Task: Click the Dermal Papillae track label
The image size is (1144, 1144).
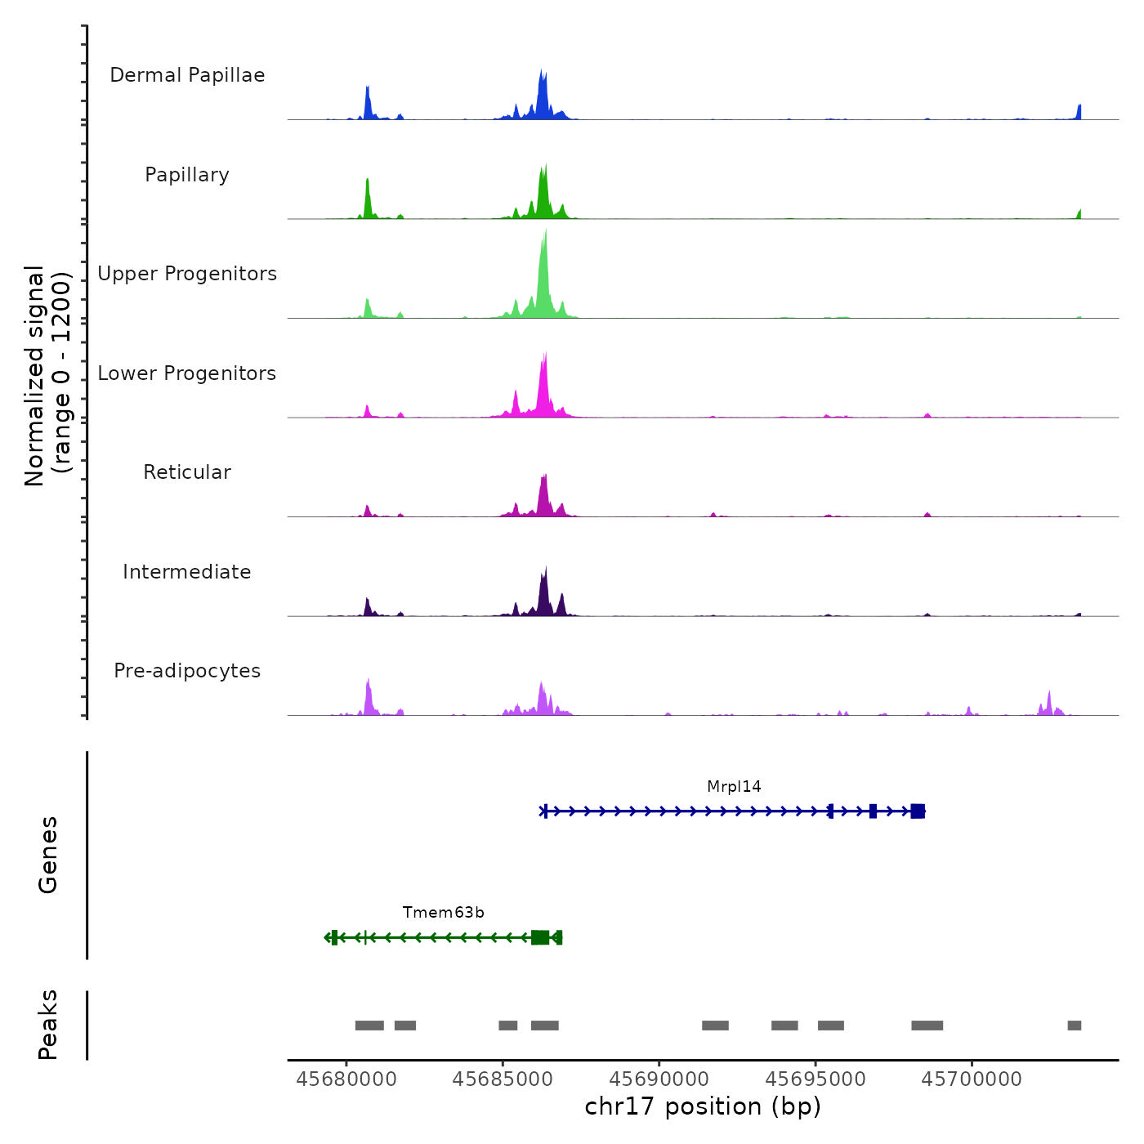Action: click(187, 75)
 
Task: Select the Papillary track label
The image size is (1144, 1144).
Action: click(187, 175)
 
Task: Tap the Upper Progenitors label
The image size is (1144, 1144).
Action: click(187, 274)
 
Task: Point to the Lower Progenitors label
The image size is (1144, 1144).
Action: click(187, 373)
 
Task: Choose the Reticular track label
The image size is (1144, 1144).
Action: click(187, 472)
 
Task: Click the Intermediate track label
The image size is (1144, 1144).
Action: click(187, 572)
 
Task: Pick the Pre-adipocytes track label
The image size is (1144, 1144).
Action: click(187, 671)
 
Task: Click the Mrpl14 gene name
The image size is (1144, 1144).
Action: click(734, 787)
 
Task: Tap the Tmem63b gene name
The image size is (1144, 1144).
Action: click(443, 913)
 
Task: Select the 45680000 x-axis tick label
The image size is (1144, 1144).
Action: click(346, 1079)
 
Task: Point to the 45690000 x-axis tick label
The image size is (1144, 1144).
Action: click(659, 1079)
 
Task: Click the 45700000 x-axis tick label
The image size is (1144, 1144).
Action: click(972, 1079)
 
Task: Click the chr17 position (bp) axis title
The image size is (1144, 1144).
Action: click(703, 1106)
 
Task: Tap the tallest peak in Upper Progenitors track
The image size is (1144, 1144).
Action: click(545, 237)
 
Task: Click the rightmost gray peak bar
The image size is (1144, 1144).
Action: click(1074, 1026)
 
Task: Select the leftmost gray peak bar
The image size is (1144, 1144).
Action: click(369, 1026)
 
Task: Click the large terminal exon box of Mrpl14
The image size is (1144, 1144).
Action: click(918, 811)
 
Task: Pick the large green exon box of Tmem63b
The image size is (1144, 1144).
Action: click(540, 937)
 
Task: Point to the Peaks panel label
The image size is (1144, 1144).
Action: click(48, 1025)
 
